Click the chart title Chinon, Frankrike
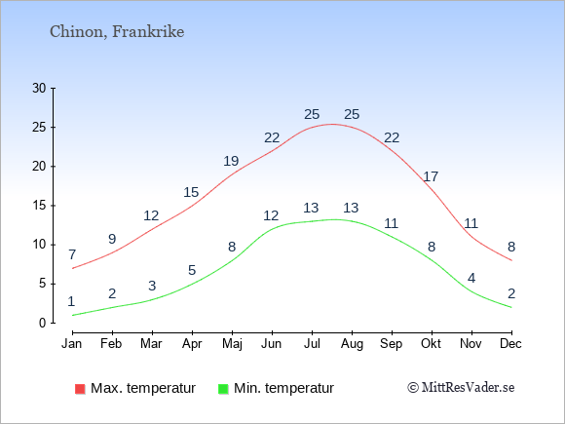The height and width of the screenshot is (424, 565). (x=117, y=32)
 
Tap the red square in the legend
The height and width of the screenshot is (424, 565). (x=80, y=389)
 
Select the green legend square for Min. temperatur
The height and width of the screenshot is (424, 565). (x=223, y=389)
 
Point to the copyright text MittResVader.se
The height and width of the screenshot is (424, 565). (x=461, y=388)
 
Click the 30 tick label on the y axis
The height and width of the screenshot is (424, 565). (x=39, y=88)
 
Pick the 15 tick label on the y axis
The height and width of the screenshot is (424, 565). (x=39, y=206)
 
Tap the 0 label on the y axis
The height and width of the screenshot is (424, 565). (x=43, y=323)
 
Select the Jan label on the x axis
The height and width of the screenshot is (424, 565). (x=72, y=344)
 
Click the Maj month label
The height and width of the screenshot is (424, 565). (x=232, y=344)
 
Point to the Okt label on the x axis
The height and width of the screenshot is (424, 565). (x=431, y=344)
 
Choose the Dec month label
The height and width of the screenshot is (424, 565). (x=510, y=344)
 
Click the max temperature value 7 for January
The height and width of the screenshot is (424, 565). (x=72, y=254)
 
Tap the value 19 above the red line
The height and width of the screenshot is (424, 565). (x=231, y=161)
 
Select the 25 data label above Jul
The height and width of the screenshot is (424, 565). (x=312, y=114)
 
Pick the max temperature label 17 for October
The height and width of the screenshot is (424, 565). (x=431, y=176)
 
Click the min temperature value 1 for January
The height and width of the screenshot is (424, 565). (x=71, y=301)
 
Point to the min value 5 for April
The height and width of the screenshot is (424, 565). (x=192, y=270)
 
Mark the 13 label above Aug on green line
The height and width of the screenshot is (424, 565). (x=351, y=208)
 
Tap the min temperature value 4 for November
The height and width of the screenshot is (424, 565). (x=471, y=278)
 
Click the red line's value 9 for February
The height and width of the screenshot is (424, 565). (x=112, y=239)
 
